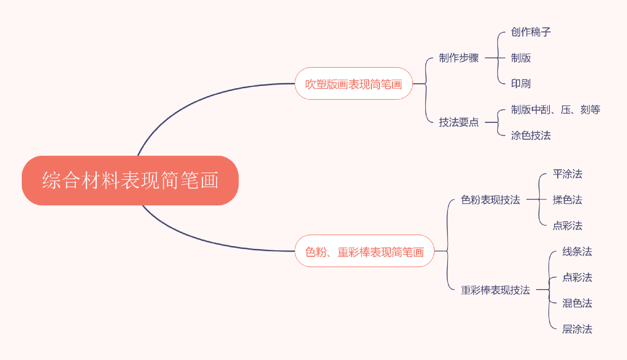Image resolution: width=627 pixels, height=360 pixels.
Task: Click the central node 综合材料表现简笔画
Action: tap(130, 180)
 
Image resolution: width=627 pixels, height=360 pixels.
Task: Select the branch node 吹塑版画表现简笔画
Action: tap(353, 84)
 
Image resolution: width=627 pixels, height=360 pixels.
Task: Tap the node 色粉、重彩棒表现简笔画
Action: tap(364, 251)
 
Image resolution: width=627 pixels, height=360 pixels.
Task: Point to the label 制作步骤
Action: tap(459, 58)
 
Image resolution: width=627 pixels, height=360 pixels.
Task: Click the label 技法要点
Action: tap(459, 122)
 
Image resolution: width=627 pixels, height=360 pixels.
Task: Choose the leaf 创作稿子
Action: tap(531, 32)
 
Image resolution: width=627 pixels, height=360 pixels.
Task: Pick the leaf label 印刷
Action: tap(521, 84)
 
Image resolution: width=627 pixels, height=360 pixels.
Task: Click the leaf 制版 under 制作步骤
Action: tap(521, 58)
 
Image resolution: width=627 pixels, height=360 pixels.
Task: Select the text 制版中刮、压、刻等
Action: tap(555, 109)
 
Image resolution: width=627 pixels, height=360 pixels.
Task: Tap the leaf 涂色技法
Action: tap(531, 135)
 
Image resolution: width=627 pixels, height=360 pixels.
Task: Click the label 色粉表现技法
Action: tap(490, 200)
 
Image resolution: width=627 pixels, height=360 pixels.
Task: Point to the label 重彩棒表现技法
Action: tap(495, 290)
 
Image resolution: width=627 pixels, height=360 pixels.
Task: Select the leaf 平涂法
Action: tap(568, 174)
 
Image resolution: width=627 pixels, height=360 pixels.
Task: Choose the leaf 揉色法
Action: tap(568, 200)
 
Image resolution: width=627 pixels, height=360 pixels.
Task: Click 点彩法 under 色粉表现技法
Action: tap(568, 226)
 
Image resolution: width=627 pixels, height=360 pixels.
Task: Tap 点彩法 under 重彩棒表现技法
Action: tap(577, 277)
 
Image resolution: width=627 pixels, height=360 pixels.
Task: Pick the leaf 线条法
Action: tap(577, 251)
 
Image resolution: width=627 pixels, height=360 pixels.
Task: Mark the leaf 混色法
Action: tap(577, 303)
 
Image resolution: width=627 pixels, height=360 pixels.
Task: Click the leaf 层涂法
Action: tap(577, 329)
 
